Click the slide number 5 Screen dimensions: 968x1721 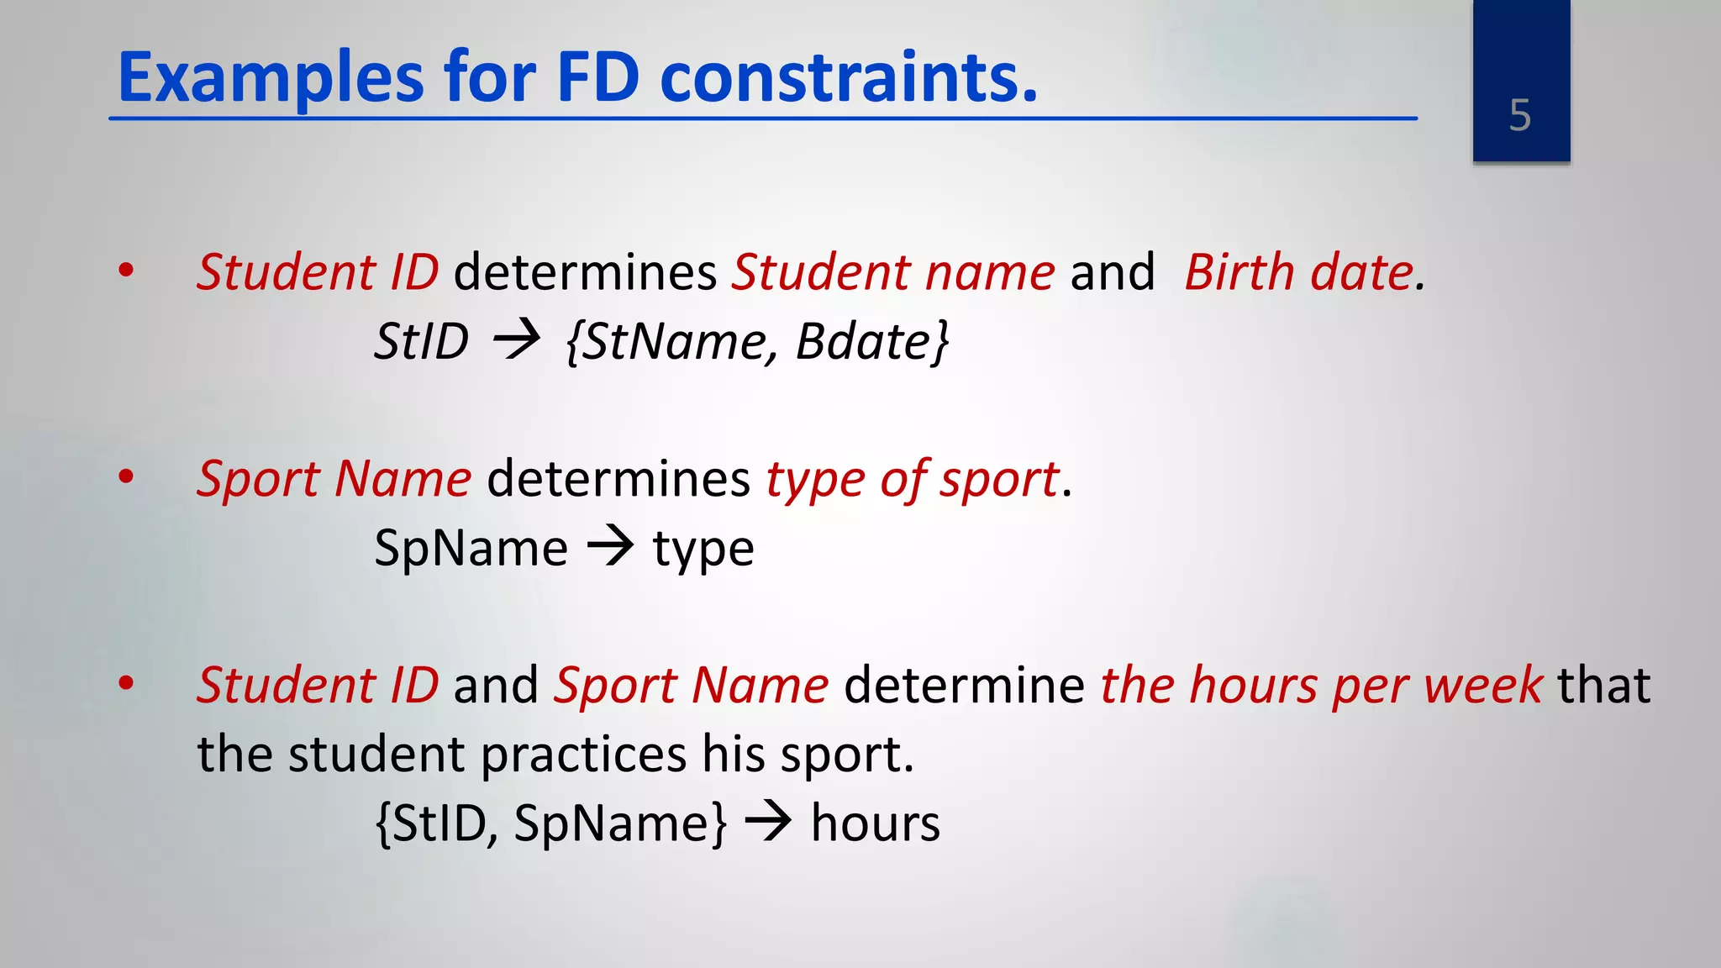(x=1519, y=115)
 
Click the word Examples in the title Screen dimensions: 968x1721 (x=271, y=78)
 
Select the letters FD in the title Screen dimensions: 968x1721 (x=598, y=78)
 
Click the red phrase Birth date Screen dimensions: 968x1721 (x=1299, y=273)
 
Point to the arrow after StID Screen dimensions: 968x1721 (x=517, y=341)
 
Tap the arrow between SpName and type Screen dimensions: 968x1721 (x=610, y=548)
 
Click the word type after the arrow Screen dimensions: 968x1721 (x=703, y=551)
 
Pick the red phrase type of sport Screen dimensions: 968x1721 (x=912, y=480)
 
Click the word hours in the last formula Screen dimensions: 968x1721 (x=875, y=823)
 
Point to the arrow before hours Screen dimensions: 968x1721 (x=768, y=822)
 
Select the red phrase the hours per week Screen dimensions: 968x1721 (x=1321, y=686)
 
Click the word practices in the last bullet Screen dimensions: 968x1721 (x=584, y=755)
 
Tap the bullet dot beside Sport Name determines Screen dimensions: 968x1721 (x=126, y=477)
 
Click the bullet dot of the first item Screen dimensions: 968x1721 (x=126, y=271)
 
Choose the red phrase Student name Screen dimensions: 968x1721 (x=893, y=273)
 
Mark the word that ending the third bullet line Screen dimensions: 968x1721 (x=1603, y=686)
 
